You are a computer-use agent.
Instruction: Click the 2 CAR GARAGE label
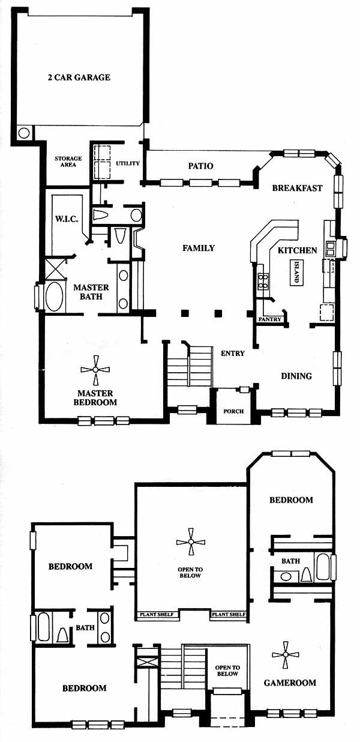click(x=79, y=77)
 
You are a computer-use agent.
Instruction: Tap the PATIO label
click(x=200, y=166)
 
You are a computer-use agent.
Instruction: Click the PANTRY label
click(x=269, y=319)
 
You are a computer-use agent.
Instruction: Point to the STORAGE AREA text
click(x=68, y=161)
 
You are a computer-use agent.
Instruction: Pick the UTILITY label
click(x=128, y=163)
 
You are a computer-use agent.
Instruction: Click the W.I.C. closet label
click(x=67, y=219)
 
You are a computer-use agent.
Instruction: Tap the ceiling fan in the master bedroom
click(x=95, y=370)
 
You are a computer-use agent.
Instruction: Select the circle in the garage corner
click(x=24, y=133)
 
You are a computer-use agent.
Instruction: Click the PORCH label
click(x=233, y=411)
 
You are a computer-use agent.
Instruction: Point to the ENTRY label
click(x=233, y=354)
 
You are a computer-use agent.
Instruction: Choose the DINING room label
click(x=296, y=376)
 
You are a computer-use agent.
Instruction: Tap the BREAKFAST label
click(x=297, y=188)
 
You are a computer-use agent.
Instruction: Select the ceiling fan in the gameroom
click(x=285, y=654)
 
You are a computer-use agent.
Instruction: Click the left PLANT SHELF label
click(x=157, y=615)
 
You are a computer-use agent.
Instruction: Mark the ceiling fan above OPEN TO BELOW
click(x=191, y=541)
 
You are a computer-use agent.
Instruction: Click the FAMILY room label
click(x=199, y=248)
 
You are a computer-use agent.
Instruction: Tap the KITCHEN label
click(x=297, y=250)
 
